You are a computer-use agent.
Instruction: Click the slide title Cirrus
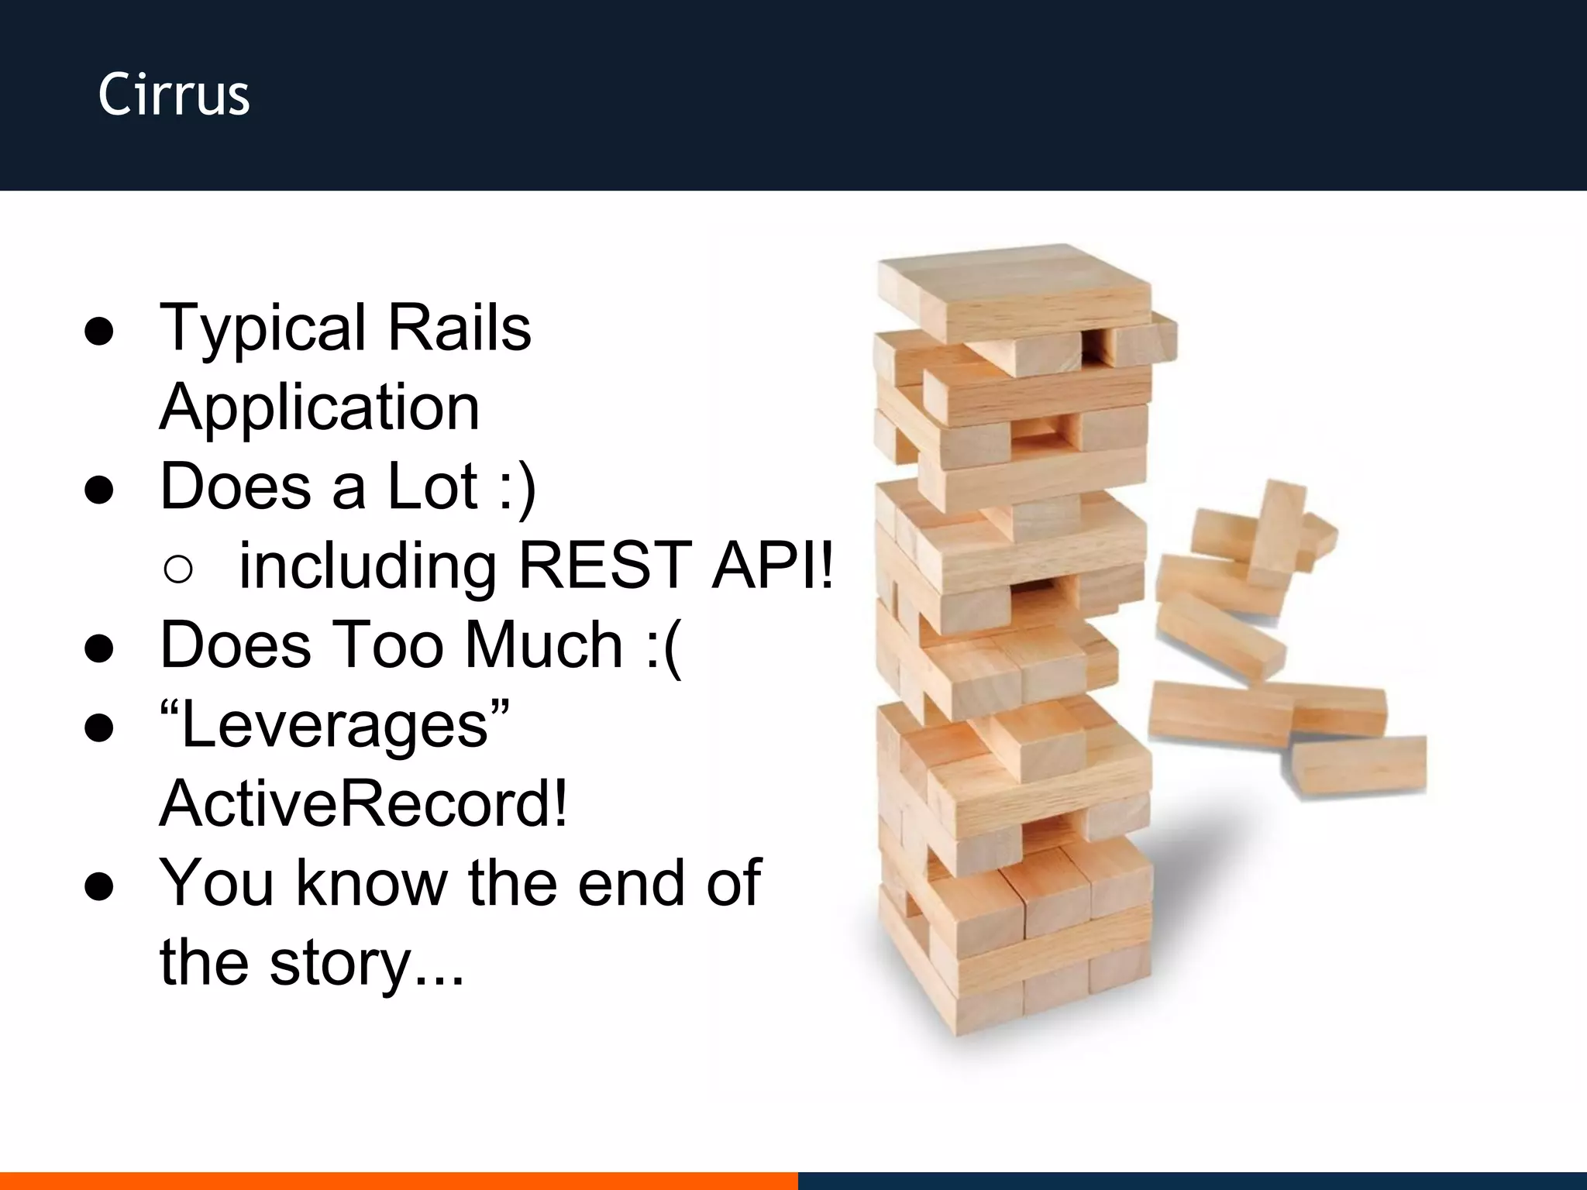pos(174,95)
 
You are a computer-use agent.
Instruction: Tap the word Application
pos(319,408)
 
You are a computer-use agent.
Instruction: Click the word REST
pos(604,566)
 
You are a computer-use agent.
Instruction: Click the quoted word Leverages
pos(335,725)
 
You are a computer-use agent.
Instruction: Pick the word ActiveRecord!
pos(363,804)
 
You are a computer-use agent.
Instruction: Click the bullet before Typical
pos(99,333)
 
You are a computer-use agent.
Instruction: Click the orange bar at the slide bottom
pos(398,1181)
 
